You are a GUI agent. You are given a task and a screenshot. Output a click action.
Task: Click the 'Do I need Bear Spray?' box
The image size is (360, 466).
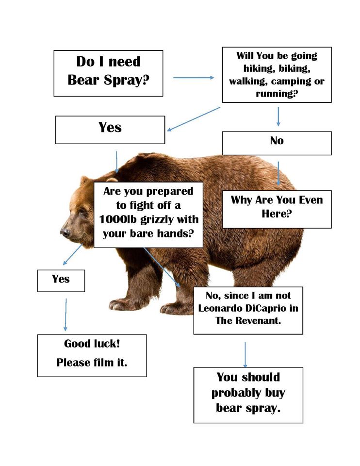pyautogui.click(x=108, y=73)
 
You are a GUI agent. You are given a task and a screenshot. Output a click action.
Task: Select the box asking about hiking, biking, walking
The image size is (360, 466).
pyautogui.click(x=277, y=75)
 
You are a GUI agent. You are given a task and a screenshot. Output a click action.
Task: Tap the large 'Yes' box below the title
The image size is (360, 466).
pyautogui.click(x=110, y=130)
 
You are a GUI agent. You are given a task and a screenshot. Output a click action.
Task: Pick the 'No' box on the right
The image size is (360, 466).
pyautogui.click(x=277, y=143)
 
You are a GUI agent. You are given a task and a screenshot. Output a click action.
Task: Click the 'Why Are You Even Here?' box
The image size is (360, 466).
pyautogui.click(x=277, y=209)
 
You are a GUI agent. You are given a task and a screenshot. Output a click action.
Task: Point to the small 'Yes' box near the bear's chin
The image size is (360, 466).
pyautogui.click(x=61, y=281)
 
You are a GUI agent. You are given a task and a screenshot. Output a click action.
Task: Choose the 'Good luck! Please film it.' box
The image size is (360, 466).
pyautogui.click(x=92, y=355)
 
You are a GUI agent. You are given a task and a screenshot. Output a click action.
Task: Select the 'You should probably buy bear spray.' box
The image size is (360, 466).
pyautogui.click(x=248, y=395)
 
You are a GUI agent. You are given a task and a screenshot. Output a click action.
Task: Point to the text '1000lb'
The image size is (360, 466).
pyautogui.click(x=117, y=219)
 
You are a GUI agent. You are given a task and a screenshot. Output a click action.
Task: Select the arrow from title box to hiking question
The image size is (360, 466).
pyautogui.click(x=194, y=78)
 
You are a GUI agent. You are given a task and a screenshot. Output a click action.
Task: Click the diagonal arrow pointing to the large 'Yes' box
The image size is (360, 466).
pyautogui.click(x=194, y=119)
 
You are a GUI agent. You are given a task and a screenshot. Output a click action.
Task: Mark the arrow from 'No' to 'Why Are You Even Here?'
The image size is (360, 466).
pyautogui.click(x=278, y=173)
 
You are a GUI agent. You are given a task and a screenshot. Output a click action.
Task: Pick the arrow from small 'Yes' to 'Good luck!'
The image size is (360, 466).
pyautogui.click(x=65, y=315)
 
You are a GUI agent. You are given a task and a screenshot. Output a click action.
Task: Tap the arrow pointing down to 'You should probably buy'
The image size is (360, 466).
pyautogui.click(x=245, y=354)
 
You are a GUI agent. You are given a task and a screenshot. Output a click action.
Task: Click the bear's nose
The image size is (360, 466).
pyautogui.click(x=65, y=232)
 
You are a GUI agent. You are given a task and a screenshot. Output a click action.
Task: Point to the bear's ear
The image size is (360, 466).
pyautogui.click(x=85, y=180)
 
